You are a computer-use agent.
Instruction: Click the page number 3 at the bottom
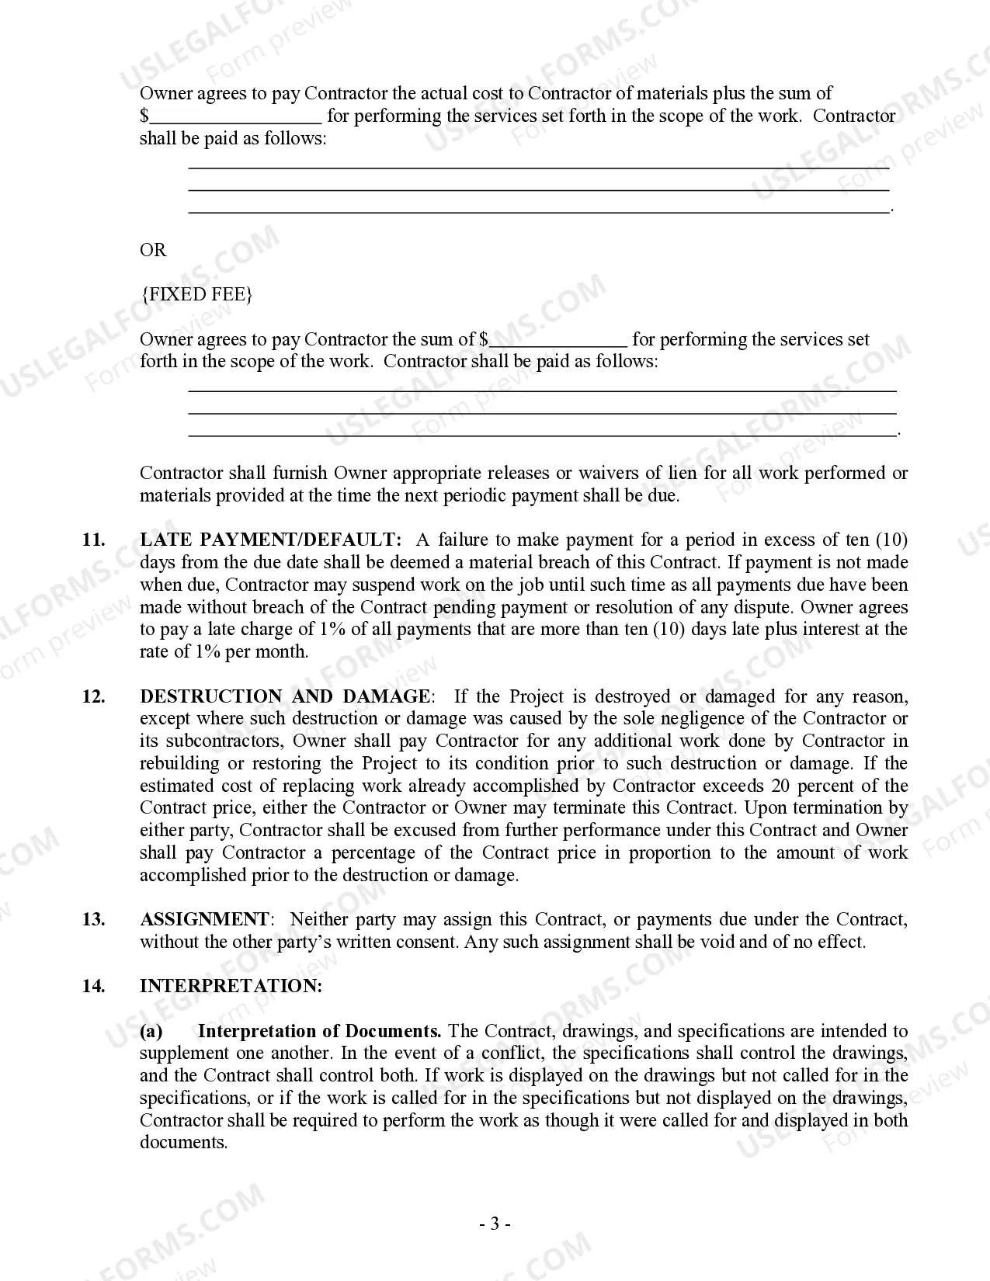point(494,1224)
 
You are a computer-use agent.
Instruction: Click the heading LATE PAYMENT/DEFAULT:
point(270,540)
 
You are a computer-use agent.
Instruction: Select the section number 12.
point(93,696)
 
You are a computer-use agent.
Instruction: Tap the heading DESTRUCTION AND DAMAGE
point(284,696)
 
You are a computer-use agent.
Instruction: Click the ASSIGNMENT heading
point(204,919)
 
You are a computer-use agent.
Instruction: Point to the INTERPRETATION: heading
point(231,986)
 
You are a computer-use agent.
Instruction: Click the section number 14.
point(93,986)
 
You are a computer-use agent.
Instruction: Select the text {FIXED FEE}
point(196,294)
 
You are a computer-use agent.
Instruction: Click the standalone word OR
point(153,250)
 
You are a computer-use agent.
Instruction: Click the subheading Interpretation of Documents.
point(319,1031)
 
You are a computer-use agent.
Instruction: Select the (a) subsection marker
point(151,1031)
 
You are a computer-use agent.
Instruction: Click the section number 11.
point(93,540)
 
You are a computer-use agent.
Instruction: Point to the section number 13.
point(93,919)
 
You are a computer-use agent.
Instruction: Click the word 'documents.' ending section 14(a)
point(183,1143)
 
